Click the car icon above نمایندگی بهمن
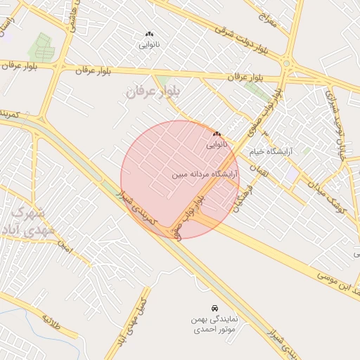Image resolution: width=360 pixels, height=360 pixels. coord(213,309)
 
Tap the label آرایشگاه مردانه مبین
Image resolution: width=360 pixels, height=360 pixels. coord(205,172)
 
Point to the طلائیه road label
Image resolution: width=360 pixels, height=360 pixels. coord(52,323)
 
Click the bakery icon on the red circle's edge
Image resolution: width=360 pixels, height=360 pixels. coord(217,134)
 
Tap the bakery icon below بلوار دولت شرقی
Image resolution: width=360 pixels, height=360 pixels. coord(148,34)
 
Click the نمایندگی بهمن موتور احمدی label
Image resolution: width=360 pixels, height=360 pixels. coord(213,325)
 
